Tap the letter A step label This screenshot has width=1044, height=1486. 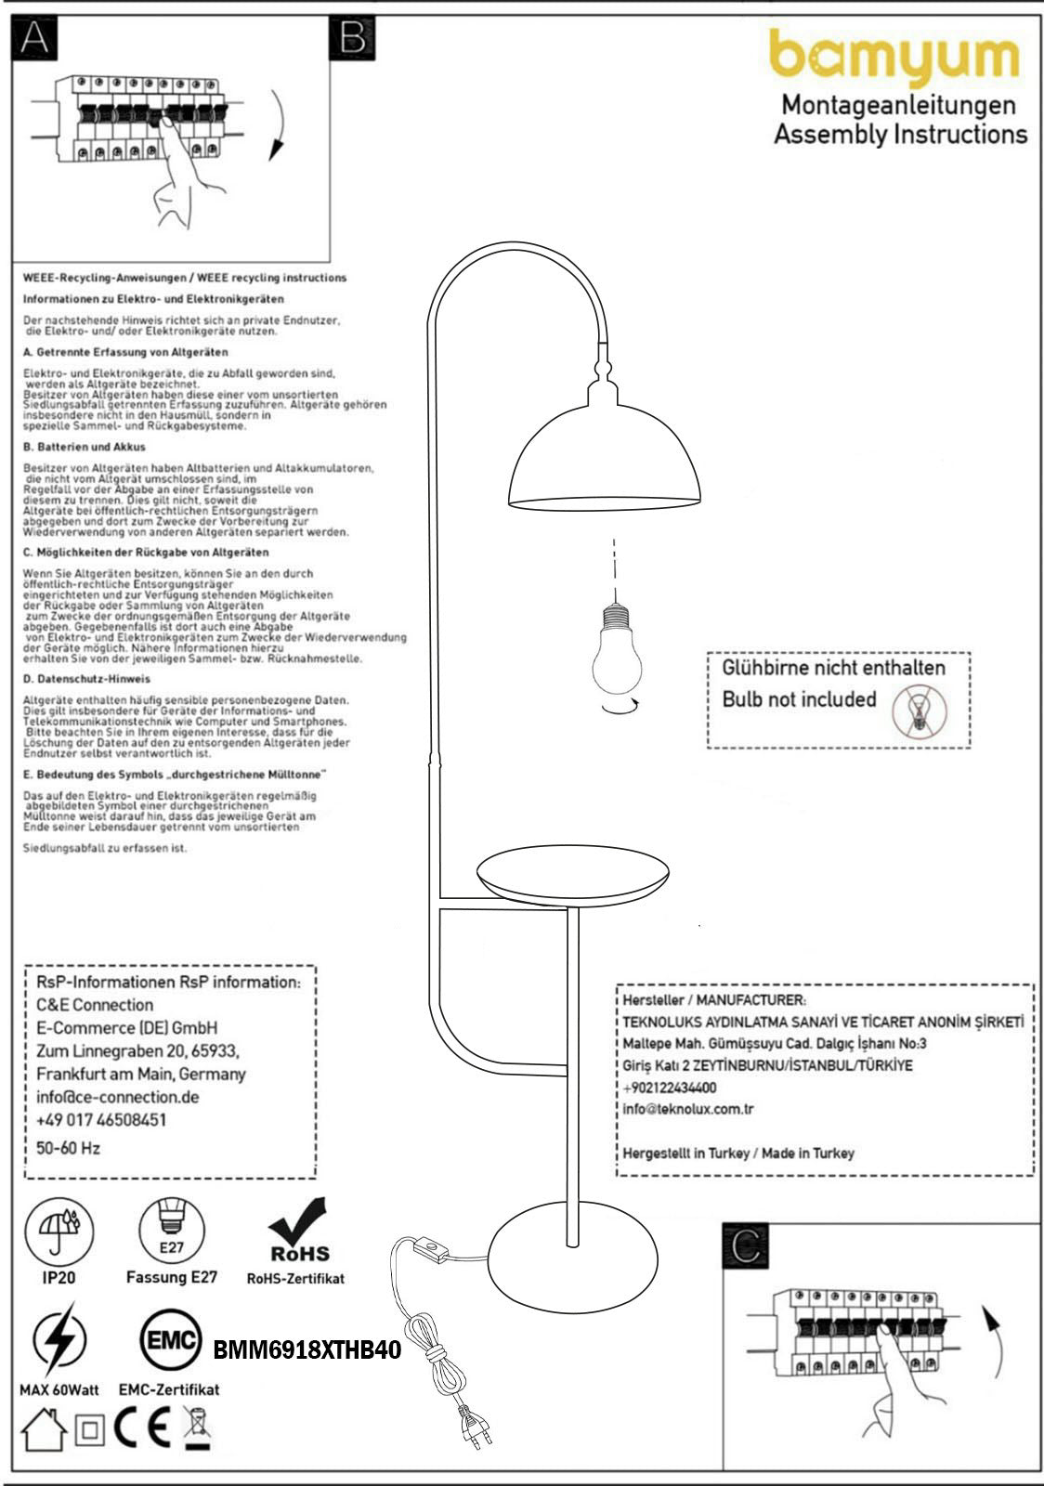(x=34, y=38)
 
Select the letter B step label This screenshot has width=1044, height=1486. (x=352, y=38)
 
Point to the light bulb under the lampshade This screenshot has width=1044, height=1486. (x=617, y=650)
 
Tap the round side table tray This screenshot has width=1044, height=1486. (x=572, y=875)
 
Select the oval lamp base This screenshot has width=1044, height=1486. (x=573, y=1258)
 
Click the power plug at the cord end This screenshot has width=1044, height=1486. (x=475, y=1426)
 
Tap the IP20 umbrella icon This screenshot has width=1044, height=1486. (x=59, y=1231)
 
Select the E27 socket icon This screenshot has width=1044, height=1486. (x=172, y=1231)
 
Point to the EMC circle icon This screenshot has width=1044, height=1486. (x=170, y=1340)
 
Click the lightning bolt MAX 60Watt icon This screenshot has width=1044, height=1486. (x=59, y=1340)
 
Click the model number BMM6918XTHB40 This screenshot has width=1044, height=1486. (x=307, y=1349)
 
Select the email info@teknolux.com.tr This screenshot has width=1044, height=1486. (x=688, y=1109)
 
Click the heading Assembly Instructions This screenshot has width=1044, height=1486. (x=900, y=135)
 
